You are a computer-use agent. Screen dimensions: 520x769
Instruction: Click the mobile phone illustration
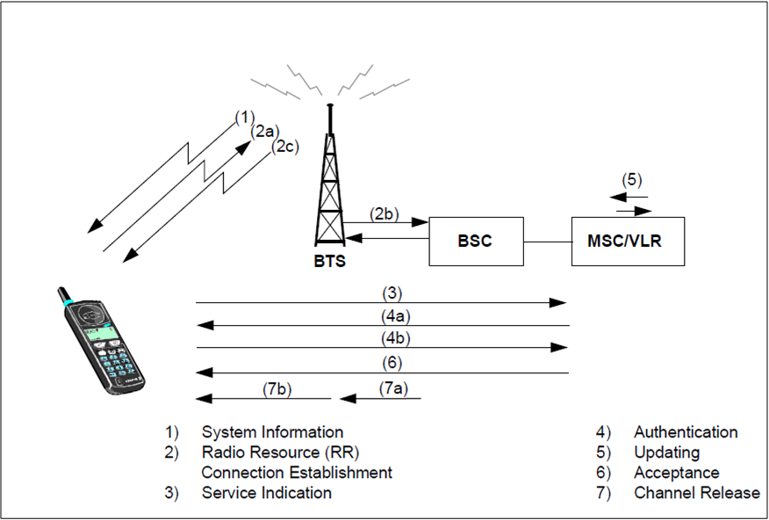pos(99,339)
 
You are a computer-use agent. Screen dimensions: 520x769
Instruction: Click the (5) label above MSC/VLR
pos(632,178)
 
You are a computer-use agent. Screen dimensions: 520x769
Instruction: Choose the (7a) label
pos(394,386)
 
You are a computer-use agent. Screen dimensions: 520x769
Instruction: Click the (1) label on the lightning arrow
pos(244,117)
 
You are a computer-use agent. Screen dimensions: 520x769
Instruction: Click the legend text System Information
pos(272,432)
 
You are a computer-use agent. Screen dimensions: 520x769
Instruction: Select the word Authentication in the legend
pos(686,432)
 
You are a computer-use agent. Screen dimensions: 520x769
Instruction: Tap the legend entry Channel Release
pos(697,493)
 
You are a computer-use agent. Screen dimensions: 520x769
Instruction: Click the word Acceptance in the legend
pos(676,473)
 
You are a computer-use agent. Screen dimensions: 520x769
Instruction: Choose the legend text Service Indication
pos(267,493)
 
